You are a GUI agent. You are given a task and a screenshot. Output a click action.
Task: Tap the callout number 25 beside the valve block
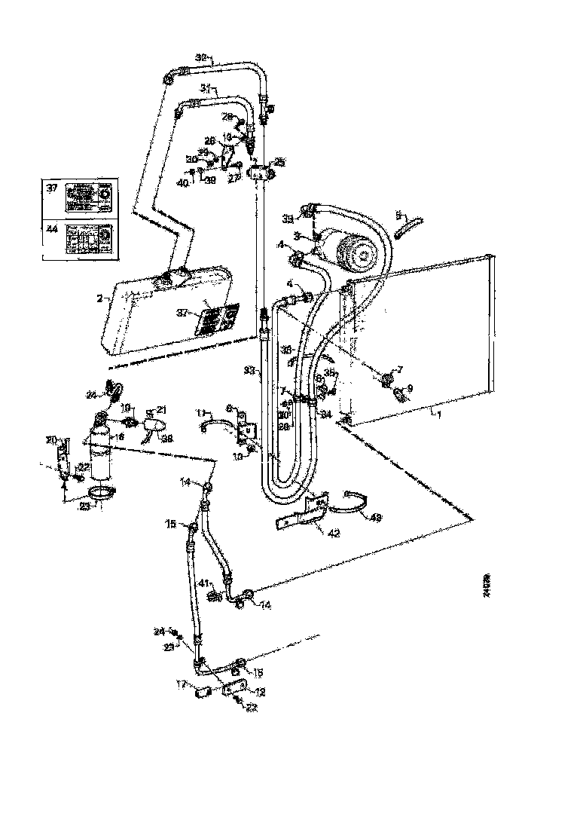tap(279, 162)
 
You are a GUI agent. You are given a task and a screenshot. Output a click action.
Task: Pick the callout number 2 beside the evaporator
tap(99, 298)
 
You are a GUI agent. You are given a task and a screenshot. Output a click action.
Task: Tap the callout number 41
tap(203, 584)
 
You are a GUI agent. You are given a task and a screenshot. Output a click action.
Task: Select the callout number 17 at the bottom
tap(181, 685)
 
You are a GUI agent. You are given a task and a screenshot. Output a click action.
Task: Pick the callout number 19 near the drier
tap(127, 406)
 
